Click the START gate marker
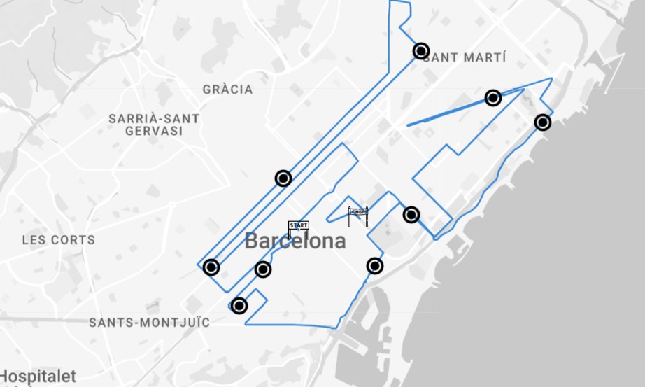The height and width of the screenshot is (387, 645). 299,229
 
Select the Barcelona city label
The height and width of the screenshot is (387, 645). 295,241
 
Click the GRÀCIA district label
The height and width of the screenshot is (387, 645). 227,90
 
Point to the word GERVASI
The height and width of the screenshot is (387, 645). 154,131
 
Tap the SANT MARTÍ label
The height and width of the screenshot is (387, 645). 465,57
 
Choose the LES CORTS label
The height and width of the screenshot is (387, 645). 58,239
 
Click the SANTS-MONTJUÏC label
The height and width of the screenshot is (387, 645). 149,323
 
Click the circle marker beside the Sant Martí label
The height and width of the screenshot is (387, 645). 421,50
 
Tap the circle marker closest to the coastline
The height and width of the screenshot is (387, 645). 542,122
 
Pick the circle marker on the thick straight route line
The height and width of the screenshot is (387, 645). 493,98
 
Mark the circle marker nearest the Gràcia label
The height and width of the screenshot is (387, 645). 283,178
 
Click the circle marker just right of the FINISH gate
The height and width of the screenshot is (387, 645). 411,215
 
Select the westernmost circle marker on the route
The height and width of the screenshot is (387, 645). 211,267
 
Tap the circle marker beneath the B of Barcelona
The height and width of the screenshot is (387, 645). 263,269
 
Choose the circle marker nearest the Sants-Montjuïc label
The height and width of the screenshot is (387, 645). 239,305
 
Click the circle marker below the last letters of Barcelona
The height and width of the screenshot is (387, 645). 375,265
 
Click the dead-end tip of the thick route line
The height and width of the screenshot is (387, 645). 408,125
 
